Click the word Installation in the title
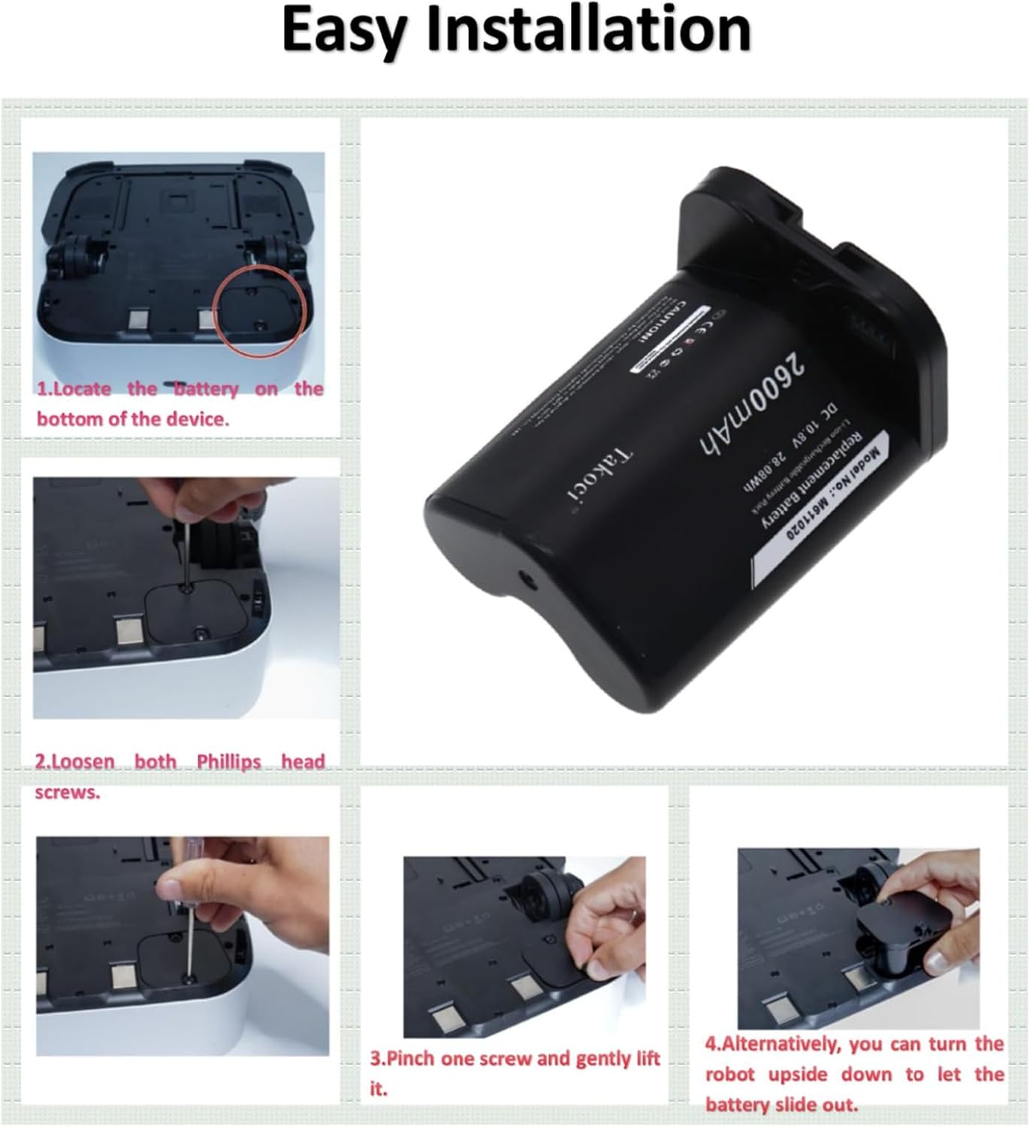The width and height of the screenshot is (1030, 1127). pyautogui.click(x=588, y=29)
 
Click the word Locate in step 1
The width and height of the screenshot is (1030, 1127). pyautogui.click(x=82, y=389)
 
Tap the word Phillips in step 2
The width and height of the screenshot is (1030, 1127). pyautogui.click(x=228, y=762)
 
